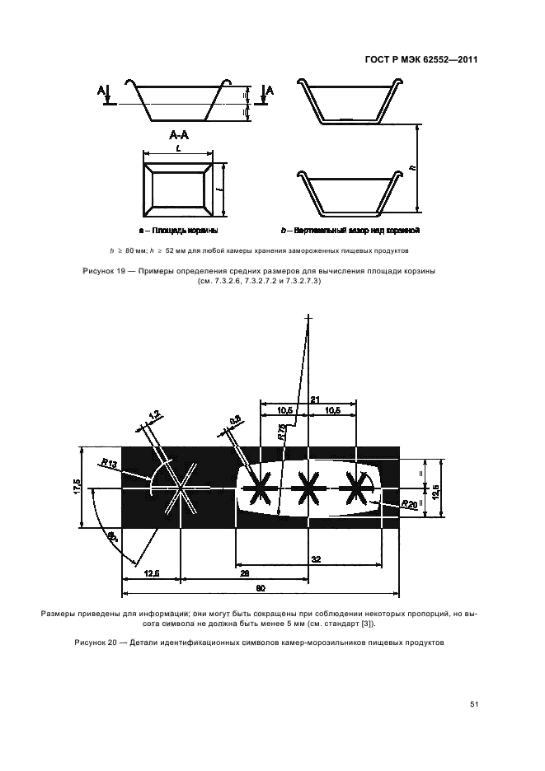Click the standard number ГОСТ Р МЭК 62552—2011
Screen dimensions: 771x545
point(420,60)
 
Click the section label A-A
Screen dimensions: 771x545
point(179,134)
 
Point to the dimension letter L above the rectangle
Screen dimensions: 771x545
point(178,148)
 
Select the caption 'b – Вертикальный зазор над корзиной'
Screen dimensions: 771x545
point(351,231)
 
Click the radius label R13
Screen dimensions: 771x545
point(107,465)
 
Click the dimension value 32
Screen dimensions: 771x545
point(317,558)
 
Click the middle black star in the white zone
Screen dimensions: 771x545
point(308,489)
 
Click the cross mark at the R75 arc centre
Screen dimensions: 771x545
point(309,317)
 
